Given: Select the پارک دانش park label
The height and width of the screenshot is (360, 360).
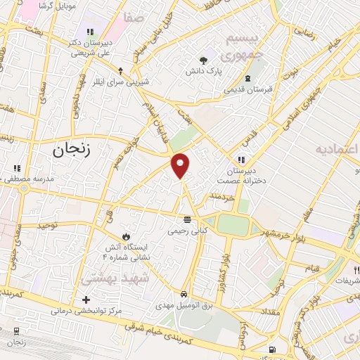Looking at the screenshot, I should point(204,71).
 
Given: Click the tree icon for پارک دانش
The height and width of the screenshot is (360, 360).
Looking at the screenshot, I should point(204,60).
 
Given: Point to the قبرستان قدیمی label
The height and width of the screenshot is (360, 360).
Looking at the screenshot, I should point(248,90).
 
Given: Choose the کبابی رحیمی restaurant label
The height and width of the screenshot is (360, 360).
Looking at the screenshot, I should point(186,230).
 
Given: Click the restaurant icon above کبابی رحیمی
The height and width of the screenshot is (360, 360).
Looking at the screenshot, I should point(186,219).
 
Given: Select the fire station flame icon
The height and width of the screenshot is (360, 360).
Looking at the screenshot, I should point(127,235).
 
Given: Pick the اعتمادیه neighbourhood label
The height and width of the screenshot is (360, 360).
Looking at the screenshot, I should point(337,150).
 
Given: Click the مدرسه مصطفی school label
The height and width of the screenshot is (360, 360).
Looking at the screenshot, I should point(26,179).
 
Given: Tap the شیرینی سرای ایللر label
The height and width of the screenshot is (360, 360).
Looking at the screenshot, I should point(121,82).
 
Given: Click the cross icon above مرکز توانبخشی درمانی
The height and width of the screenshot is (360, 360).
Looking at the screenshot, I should point(86,300).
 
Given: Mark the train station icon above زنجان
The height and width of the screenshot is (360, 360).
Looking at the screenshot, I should point(15,331).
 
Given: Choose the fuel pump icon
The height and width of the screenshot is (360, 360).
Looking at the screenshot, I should point(272,350).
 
